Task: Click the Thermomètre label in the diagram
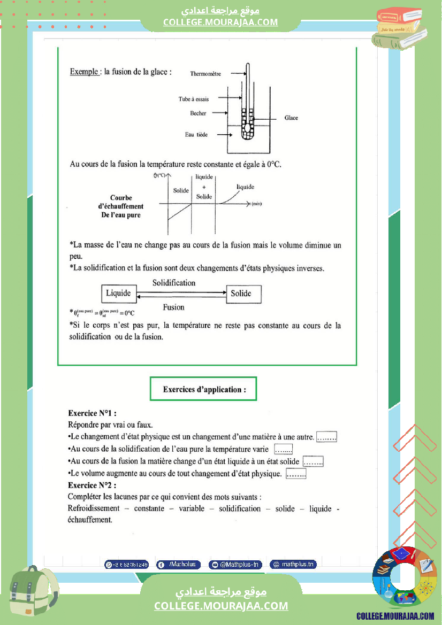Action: tap(205, 74)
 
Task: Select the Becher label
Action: tap(198, 113)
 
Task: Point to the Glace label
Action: tap(291, 118)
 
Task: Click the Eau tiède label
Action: tap(196, 135)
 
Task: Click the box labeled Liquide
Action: tap(118, 294)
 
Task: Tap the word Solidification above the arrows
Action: tap(174, 282)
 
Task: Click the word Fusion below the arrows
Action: tap(173, 307)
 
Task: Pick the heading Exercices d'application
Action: tap(204, 389)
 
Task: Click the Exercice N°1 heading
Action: tap(92, 413)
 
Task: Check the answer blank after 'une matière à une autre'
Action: tap(326, 437)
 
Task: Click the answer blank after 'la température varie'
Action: tap(284, 450)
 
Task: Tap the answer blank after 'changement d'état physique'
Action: tap(296, 474)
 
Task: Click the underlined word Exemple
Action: tap(84, 72)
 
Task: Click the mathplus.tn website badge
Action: tap(293, 564)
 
